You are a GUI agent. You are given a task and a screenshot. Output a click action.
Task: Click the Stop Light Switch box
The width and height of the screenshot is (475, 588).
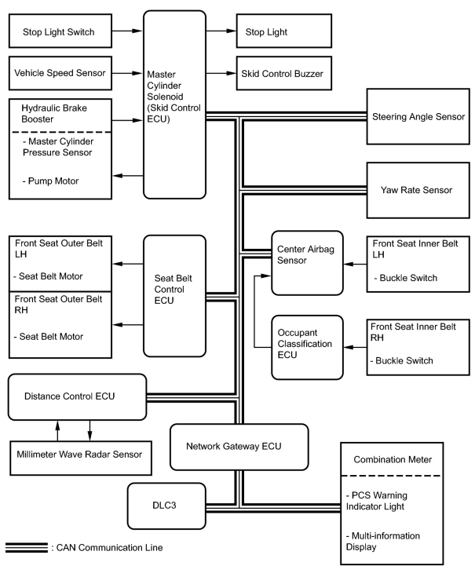60,31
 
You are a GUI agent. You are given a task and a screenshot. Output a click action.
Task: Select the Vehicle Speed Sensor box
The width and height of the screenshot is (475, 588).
60,73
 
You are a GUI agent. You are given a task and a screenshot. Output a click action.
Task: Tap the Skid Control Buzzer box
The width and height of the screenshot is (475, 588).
283,73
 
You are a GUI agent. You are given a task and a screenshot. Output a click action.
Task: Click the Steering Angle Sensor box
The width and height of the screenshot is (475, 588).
418,117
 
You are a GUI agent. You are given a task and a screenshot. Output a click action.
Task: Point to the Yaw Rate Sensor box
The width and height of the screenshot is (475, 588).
418,190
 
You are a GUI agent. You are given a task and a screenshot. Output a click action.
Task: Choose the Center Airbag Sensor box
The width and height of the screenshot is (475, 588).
307,263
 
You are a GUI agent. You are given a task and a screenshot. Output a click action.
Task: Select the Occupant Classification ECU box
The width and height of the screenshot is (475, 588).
307,347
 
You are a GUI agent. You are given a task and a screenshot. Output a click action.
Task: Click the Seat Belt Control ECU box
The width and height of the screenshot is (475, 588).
175,296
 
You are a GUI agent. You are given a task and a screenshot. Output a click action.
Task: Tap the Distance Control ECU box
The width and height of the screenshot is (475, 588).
77,396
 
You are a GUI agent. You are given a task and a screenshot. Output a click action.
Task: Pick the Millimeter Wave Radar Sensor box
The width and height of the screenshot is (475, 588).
81,458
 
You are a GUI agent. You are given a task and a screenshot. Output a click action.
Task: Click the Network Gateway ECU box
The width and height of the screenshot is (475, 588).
239,447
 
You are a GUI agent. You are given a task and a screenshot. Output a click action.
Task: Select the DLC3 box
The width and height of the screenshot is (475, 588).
166,506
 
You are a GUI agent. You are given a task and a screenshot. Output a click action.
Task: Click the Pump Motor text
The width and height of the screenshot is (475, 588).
50,181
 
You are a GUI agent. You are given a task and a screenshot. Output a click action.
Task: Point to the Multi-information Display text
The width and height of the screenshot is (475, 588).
383,541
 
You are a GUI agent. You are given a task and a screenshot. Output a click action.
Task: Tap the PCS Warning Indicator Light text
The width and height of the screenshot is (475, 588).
376,501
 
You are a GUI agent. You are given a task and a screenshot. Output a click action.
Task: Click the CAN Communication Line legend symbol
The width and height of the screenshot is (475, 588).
27,547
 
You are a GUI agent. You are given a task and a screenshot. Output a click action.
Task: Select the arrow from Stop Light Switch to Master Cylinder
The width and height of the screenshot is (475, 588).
127,31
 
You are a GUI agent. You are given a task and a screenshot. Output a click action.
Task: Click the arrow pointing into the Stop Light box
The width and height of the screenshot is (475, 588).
221,31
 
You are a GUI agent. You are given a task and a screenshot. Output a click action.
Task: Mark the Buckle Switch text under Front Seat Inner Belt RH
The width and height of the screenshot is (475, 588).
401,361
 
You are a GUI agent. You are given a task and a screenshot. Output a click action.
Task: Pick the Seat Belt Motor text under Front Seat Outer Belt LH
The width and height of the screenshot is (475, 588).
48,276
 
